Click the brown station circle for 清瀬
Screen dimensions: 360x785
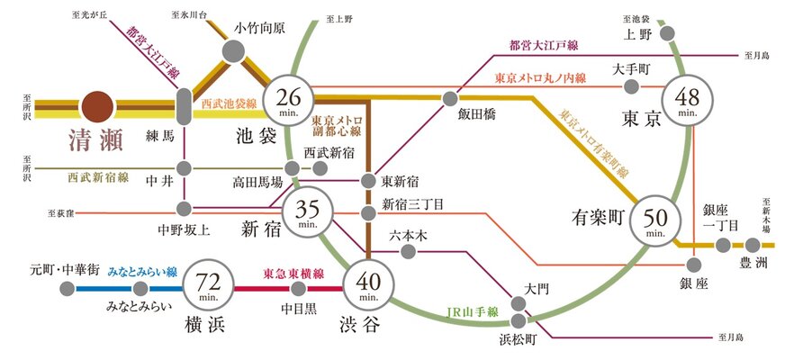(100, 105)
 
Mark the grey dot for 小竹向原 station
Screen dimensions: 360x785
(233, 53)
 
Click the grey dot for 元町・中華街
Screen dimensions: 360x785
(67, 289)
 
